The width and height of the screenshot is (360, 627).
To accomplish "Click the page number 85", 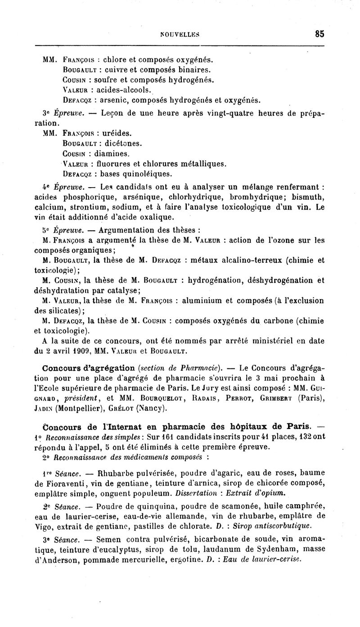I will point(319,33).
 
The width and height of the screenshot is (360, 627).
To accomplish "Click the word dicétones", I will point(123,143).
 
